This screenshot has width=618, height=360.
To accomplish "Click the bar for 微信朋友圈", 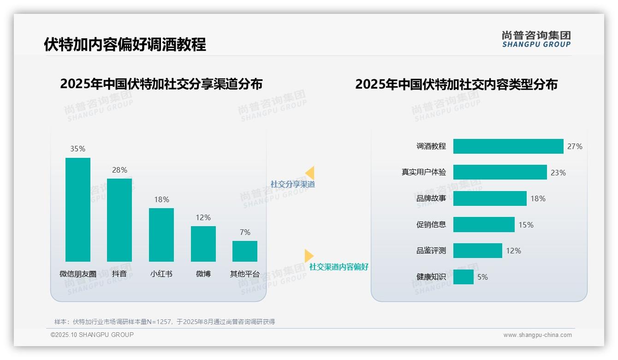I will point(78,210).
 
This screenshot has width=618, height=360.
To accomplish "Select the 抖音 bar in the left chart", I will point(119,220).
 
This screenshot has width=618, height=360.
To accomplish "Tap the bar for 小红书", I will point(161,235).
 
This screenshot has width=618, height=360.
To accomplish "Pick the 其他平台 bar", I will point(245,251).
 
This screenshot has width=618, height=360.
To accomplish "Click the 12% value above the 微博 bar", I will point(203,217).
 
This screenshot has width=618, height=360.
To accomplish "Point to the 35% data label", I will point(77,149).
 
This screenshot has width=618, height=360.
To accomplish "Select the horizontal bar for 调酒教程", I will point(508,146).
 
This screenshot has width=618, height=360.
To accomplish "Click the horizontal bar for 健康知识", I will point(463,277).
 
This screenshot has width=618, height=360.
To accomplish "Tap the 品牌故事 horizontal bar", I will point(490,198).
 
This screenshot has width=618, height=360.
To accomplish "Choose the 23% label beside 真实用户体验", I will point(558,173).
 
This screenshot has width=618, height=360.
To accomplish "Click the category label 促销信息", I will point(431,225).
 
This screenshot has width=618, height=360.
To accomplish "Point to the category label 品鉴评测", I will point(431,251).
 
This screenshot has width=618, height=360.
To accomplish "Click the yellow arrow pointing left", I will point(310,173).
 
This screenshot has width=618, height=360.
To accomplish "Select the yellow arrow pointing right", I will point(309,256).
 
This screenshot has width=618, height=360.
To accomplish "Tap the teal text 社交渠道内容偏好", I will point(339,267).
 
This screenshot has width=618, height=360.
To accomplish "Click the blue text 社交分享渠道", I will point(292,184).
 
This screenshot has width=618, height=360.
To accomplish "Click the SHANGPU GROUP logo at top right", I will point(536,39).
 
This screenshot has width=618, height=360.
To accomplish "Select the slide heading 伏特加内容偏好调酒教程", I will point(125,44).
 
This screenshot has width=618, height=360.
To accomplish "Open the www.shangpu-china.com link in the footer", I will point(537,335).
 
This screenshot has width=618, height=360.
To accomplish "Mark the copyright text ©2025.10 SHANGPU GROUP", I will point(92,335).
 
